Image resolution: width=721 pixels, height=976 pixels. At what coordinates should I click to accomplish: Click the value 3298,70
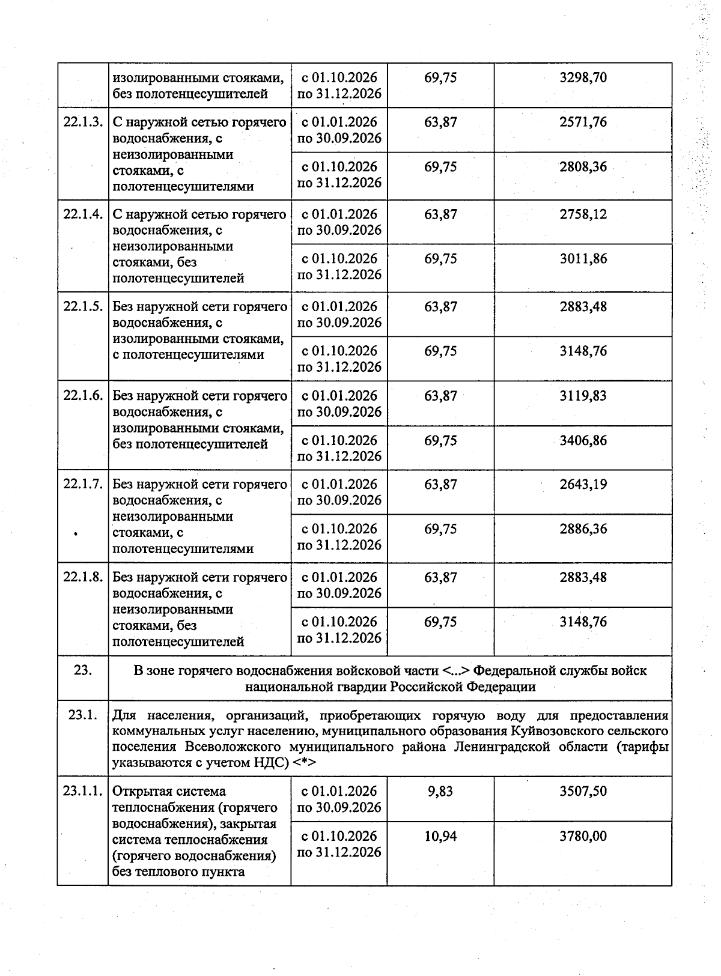pyautogui.click(x=583, y=77)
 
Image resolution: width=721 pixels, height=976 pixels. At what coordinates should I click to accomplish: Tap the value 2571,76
pyautogui.click(x=583, y=122)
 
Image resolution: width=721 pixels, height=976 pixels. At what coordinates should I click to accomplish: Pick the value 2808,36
pyautogui.click(x=583, y=166)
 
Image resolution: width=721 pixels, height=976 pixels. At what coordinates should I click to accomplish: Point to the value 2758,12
pyautogui.click(x=583, y=214)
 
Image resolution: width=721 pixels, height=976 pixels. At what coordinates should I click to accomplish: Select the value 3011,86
pyautogui.click(x=583, y=259)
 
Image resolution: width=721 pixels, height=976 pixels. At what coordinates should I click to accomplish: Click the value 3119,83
pyautogui.click(x=583, y=396)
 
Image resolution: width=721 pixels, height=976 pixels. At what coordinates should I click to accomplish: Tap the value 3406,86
pyautogui.click(x=583, y=440)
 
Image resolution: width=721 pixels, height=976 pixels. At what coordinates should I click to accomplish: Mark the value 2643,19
pyautogui.click(x=583, y=484)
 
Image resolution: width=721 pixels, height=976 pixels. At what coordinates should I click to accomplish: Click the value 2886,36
pyautogui.click(x=583, y=529)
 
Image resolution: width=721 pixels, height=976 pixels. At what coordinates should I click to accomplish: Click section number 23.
pyautogui.click(x=83, y=670)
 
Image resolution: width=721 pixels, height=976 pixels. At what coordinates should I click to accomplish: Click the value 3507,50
pyautogui.click(x=583, y=791)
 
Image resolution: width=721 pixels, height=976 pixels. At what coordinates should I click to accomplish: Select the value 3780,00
pyautogui.click(x=583, y=835)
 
